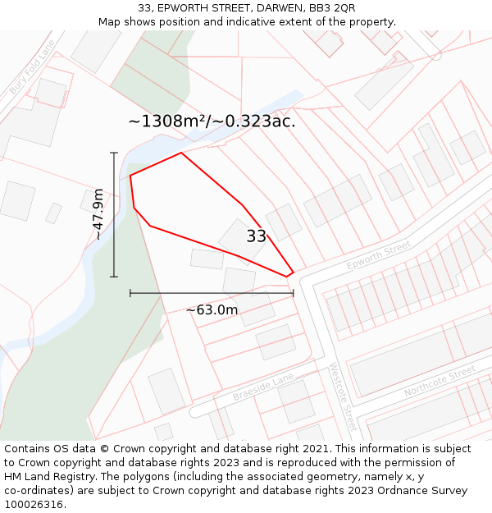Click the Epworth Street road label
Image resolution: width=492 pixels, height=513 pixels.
click(x=378, y=256)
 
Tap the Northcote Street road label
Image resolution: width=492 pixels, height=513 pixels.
click(x=440, y=381)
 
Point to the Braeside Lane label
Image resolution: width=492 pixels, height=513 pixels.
click(x=262, y=386)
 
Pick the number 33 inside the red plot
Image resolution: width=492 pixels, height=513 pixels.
click(x=256, y=236)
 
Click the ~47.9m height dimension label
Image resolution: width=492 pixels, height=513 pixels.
click(x=98, y=214)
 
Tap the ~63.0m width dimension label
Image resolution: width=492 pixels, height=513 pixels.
click(x=212, y=309)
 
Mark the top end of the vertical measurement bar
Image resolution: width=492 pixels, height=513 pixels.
click(x=114, y=153)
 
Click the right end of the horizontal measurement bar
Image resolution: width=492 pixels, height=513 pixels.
click(x=293, y=292)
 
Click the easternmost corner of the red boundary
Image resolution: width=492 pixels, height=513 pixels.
click(x=293, y=272)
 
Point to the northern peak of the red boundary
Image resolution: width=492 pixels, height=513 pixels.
click(x=181, y=153)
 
